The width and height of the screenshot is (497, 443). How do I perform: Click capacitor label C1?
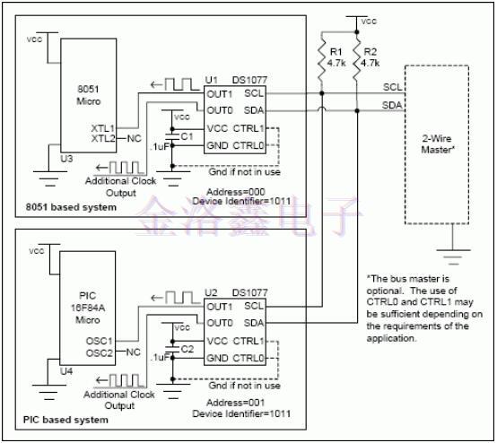(x=186, y=135)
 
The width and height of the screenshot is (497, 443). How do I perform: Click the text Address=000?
(x=233, y=191)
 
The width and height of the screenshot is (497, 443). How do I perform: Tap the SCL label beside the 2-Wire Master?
(x=392, y=87)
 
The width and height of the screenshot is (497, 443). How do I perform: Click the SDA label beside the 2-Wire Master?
(x=392, y=106)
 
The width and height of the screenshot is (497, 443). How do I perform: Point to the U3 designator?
(x=65, y=159)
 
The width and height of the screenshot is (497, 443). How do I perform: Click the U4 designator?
(x=65, y=370)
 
